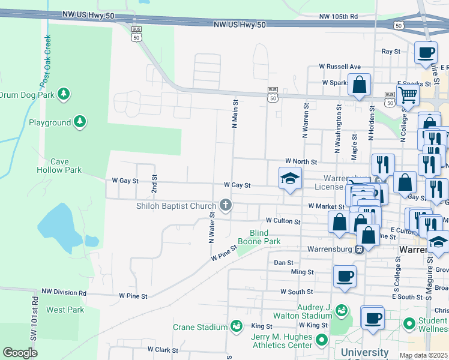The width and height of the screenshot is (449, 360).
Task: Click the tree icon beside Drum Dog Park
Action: tap(63, 94)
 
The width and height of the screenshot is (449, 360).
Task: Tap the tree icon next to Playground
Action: tap(79, 122)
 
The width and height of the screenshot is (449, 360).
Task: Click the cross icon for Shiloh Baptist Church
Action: tap(226, 206)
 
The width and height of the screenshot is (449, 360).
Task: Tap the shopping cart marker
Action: tap(408, 94)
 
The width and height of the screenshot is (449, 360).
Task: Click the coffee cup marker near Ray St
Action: tap(426, 52)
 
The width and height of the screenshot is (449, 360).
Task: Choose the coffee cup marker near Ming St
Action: tap(345, 277)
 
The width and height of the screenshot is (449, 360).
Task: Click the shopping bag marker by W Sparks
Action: tap(359, 85)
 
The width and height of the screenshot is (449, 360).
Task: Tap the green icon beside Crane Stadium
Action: tap(237, 326)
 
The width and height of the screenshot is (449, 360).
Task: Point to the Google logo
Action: tap(20, 353)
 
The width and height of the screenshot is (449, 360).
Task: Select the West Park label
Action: tap(65, 310)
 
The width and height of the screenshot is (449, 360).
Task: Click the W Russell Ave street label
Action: tap(340, 67)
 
